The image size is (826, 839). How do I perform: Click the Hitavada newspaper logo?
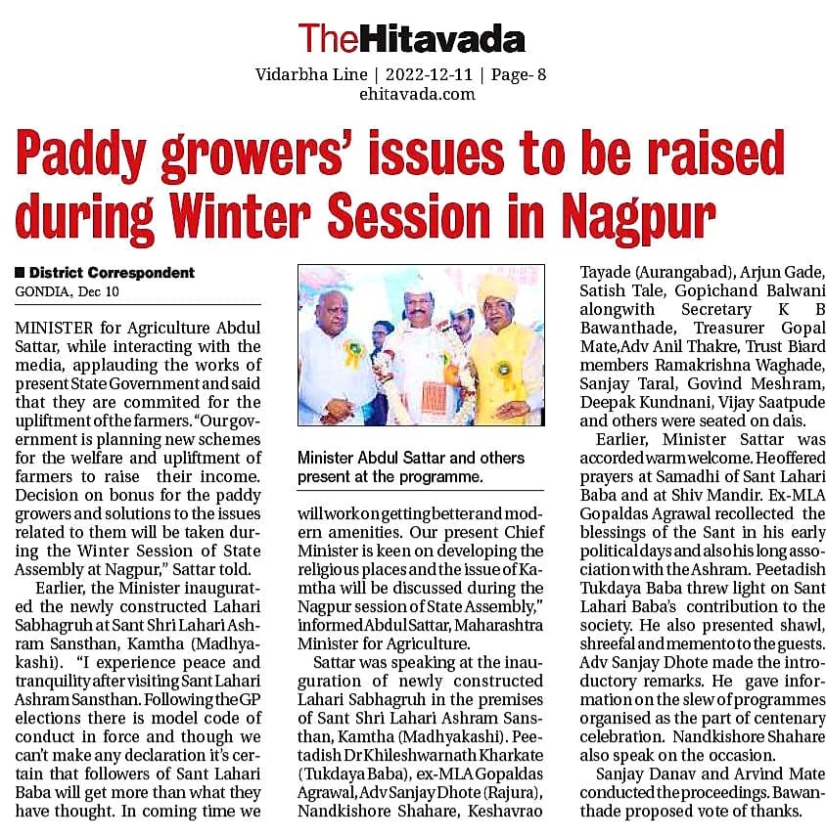tap(412, 38)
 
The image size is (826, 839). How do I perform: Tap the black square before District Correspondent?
tap(20, 273)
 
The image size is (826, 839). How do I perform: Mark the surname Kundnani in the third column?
tap(680, 403)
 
